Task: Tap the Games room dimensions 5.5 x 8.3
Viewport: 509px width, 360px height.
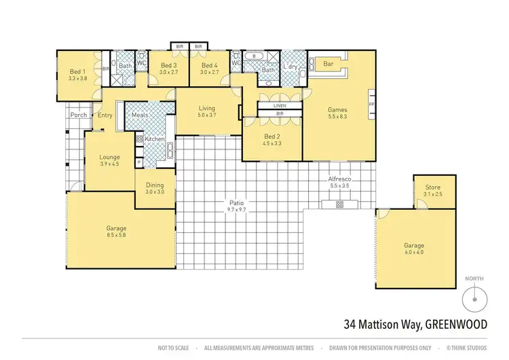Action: coord(337,118)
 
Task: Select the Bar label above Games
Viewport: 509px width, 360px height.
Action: coord(331,65)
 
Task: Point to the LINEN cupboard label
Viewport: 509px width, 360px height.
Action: coord(280,107)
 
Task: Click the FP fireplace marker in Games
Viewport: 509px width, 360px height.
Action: coord(371,105)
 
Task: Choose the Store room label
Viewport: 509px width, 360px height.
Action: coord(432,187)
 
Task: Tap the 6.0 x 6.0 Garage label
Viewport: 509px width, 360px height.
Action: coord(414,253)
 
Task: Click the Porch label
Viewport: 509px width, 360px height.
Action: coord(78,115)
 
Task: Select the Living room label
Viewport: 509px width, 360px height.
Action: coord(207,108)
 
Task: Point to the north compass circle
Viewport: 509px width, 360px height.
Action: coord(474,298)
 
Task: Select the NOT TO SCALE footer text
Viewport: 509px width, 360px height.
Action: coord(174,348)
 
